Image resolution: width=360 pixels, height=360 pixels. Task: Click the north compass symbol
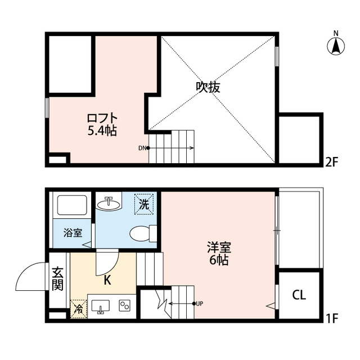(336, 44)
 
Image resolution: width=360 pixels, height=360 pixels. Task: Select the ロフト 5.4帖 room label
(102, 124)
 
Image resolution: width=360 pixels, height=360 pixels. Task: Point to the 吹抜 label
(208, 87)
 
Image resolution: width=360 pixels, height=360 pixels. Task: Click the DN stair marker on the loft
(143, 148)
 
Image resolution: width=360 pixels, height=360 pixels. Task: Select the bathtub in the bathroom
(70, 206)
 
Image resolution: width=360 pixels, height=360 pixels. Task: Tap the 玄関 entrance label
(57, 279)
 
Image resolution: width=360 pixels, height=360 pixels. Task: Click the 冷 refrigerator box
(79, 309)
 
